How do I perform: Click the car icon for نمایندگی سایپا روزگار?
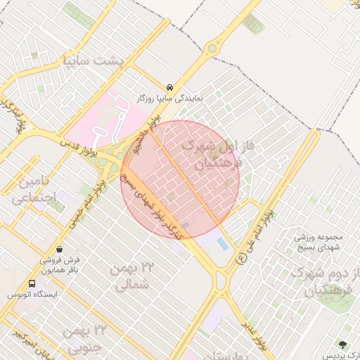tap(171, 86)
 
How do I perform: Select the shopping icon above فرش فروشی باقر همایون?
tap(59, 248)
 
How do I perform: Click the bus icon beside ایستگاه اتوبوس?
tap(31, 283)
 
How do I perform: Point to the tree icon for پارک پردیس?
tap(343, 345)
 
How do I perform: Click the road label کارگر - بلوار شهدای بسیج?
tap(151, 205)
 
